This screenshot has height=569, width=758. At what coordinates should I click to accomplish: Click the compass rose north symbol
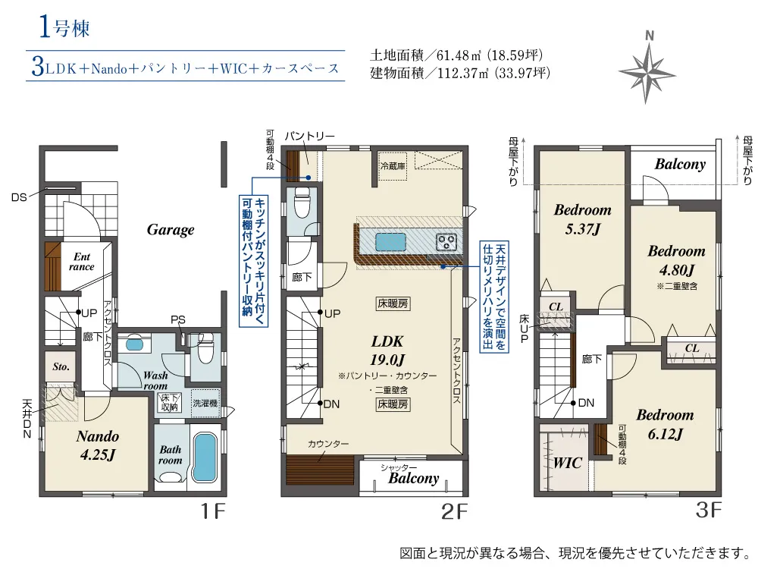click(x=647, y=69)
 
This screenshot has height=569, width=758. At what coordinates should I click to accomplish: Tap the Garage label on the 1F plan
click(x=171, y=230)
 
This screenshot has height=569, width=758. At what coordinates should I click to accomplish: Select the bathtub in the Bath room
click(x=205, y=456)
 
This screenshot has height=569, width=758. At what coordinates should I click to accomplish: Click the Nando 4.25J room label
click(x=98, y=445)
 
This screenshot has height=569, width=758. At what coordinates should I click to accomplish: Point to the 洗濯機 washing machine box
click(x=205, y=403)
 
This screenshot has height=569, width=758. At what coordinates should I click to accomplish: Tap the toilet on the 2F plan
click(x=302, y=203)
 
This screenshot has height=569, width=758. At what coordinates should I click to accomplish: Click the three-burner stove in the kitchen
click(x=446, y=242)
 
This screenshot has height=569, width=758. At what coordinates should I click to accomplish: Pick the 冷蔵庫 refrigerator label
click(x=393, y=166)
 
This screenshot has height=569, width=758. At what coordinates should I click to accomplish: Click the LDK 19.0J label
click(x=387, y=351)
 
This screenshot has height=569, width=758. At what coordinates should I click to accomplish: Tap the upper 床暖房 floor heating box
click(x=393, y=304)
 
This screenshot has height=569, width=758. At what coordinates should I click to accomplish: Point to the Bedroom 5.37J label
click(x=582, y=218)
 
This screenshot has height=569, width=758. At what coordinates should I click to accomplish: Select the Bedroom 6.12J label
click(x=666, y=424)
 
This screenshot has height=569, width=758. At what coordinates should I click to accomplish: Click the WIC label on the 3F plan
click(x=568, y=463)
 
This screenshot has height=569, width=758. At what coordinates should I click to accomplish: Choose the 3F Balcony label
click(x=680, y=164)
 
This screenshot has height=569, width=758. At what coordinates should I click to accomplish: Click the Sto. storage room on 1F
click(x=61, y=366)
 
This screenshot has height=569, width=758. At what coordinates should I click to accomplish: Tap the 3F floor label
click(x=709, y=510)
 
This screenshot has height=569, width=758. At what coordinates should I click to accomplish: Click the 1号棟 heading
click(x=64, y=27)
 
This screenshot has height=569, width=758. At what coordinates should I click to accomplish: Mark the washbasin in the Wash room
click(x=133, y=344)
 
